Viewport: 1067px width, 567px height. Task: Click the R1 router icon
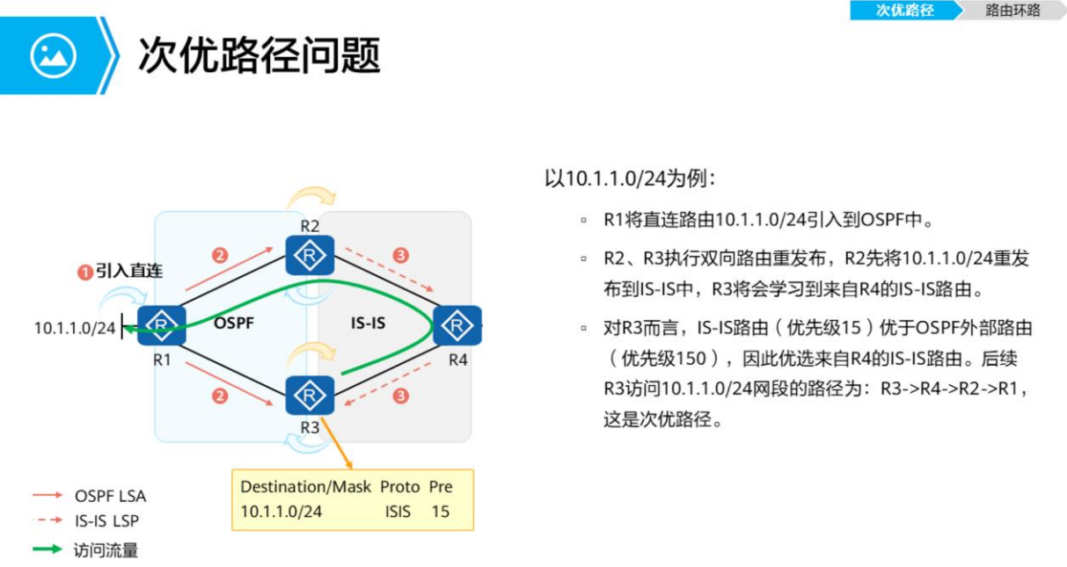click(x=161, y=324)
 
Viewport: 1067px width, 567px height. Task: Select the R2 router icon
click(x=310, y=256)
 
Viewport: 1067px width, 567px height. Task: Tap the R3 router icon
click(x=310, y=395)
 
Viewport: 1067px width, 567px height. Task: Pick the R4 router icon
click(x=457, y=325)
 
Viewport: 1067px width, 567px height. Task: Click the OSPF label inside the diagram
click(x=233, y=323)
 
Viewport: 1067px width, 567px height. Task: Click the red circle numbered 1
click(x=85, y=273)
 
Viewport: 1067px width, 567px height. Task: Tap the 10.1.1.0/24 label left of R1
click(x=75, y=328)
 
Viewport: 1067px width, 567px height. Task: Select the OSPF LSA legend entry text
click(x=110, y=496)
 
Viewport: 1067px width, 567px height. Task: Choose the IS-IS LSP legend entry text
click(x=106, y=520)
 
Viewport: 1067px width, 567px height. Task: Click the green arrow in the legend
click(x=47, y=550)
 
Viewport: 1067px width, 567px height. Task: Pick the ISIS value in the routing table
click(x=398, y=511)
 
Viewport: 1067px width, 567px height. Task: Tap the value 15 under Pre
click(x=440, y=511)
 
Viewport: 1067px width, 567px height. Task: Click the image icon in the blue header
click(x=54, y=55)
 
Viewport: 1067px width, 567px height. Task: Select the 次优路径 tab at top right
click(x=904, y=11)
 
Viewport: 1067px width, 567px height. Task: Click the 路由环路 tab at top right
click(x=1012, y=11)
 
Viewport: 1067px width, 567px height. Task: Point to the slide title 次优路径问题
click(x=259, y=55)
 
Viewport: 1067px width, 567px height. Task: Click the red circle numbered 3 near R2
click(x=401, y=256)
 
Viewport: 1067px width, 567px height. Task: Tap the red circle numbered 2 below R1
click(x=220, y=396)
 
